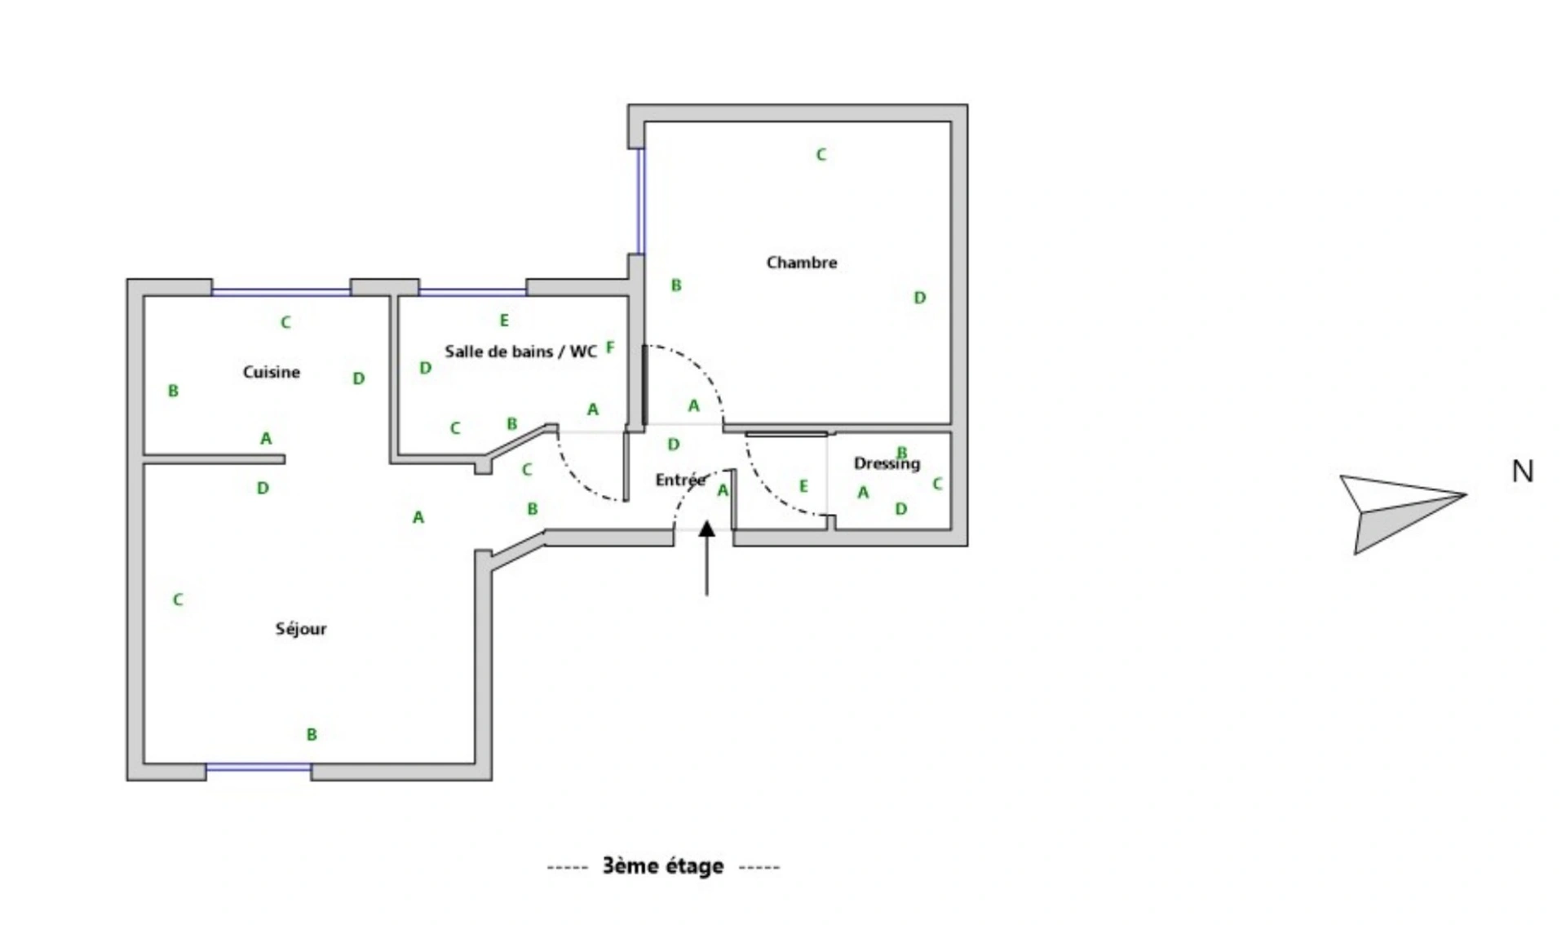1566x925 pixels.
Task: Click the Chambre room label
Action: pos(801,263)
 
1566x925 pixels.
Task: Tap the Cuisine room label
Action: pos(272,372)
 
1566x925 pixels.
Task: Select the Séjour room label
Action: pos(301,628)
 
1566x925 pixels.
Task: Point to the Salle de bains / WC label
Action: pos(520,352)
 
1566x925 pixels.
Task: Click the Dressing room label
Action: pos(887,464)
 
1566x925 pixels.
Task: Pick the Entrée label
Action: pos(680,480)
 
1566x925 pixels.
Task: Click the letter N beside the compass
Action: pos(1522,471)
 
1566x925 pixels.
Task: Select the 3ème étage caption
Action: pos(663,865)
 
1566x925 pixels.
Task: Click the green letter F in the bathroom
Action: pos(610,347)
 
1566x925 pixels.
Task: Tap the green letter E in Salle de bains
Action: pos(504,321)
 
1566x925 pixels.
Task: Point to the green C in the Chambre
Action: pos(821,154)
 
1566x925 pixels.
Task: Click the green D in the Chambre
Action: pos(919,298)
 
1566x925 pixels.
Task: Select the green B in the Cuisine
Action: pos(173,391)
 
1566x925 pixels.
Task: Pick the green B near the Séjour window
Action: pos(312,734)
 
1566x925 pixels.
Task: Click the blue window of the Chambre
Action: pos(640,201)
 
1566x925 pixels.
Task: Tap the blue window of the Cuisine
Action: pos(281,291)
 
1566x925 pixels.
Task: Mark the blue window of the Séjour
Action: pos(259,768)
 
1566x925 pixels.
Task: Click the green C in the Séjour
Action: pos(178,600)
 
